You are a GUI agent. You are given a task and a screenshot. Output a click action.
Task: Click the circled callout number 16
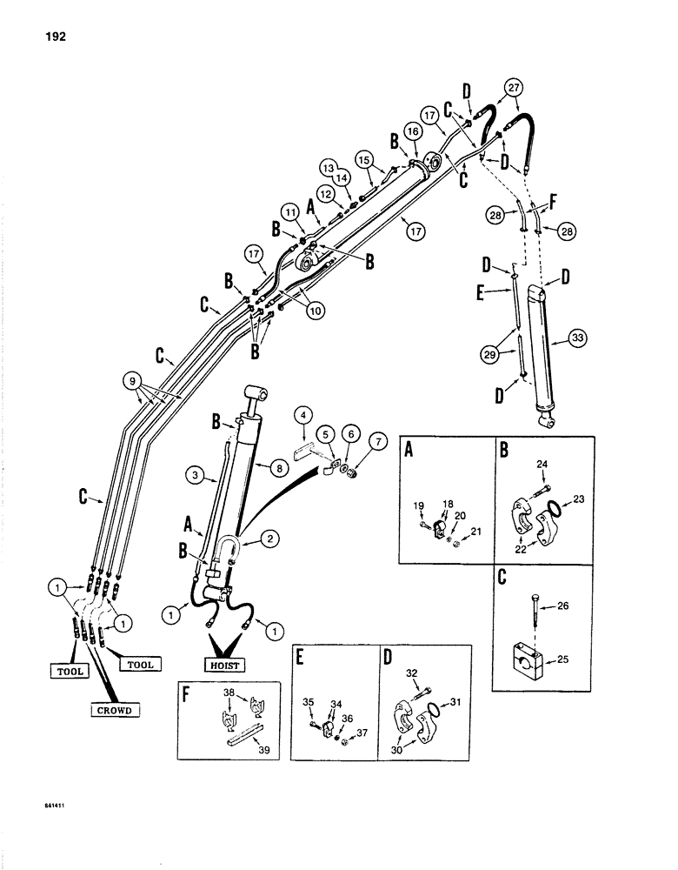click(412, 130)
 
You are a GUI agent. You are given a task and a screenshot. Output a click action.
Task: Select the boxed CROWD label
click(114, 710)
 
